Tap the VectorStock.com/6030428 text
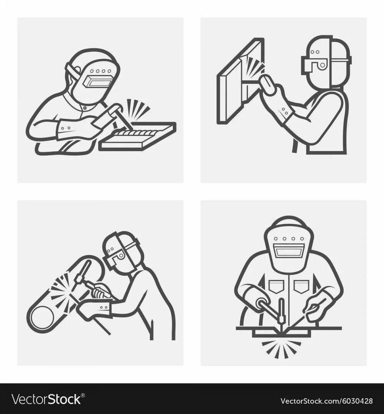click(326, 401)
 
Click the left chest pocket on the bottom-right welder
click(275, 286)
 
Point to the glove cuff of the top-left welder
click(66, 129)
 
